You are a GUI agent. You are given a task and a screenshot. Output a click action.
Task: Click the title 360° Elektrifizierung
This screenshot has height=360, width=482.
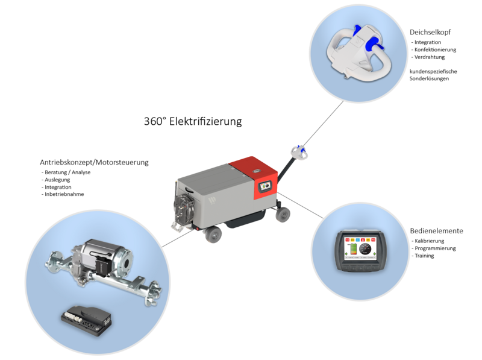pyautogui.click(x=193, y=121)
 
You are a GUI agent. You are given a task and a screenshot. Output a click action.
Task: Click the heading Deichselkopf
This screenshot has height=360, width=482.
pyautogui.click(x=430, y=33)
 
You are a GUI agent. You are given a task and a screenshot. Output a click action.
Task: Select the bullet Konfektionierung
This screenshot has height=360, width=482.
pyautogui.click(x=435, y=49)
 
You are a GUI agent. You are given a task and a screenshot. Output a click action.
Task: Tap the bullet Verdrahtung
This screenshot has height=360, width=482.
pyautogui.click(x=430, y=57)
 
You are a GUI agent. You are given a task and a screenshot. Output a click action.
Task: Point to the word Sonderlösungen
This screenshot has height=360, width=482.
pyautogui.click(x=429, y=79)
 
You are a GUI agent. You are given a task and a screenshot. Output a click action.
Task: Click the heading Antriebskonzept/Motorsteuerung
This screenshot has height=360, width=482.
pyautogui.click(x=94, y=162)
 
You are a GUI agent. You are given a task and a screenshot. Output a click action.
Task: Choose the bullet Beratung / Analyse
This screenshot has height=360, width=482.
pyautogui.click(x=67, y=172)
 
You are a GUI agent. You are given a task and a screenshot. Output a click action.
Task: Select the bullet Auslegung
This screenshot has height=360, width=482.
pyautogui.click(x=57, y=180)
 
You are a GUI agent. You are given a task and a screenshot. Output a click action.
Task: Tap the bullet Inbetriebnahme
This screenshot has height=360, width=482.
pyautogui.click(x=64, y=194)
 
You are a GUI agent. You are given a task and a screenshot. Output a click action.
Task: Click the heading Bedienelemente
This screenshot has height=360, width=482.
pyautogui.click(x=436, y=231)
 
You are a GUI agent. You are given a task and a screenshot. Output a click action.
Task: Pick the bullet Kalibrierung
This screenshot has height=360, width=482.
pyautogui.click(x=429, y=241)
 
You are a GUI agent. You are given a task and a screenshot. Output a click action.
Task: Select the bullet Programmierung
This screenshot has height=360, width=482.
pyautogui.click(x=435, y=248)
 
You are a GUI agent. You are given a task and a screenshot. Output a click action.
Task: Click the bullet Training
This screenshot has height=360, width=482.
pyautogui.click(x=424, y=256)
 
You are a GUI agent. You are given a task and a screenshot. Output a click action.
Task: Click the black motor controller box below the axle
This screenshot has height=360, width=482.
pyautogui.click(x=86, y=320)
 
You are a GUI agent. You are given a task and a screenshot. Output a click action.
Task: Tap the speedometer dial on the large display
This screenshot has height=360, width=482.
pyautogui.click(x=365, y=248)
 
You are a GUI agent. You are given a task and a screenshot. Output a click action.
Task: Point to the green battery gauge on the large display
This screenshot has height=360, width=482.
pyautogui.click(x=353, y=249)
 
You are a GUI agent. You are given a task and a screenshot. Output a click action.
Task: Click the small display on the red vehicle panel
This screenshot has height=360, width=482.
pyautogui.click(x=264, y=186)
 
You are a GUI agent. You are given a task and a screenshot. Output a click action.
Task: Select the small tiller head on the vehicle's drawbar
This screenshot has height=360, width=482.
pyautogui.click(x=299, y=152)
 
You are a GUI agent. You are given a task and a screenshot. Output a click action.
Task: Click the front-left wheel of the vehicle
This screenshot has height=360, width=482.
pyautogui.click(x=213, y=235)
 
